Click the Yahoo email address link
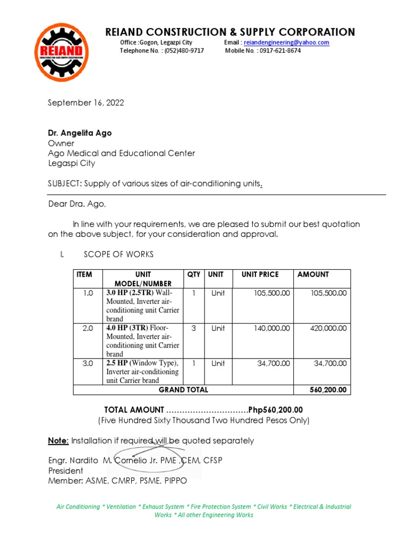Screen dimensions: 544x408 (286, 42)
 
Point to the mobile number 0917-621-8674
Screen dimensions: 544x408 (280, 50)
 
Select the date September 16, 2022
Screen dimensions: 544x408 (86, 103)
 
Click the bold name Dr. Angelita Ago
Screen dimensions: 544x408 (80, 133)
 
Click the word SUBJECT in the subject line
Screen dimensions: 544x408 (63, 184)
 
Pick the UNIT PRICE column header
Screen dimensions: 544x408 (260, 275)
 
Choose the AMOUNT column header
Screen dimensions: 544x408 (313, 275)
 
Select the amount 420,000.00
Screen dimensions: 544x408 (328, 328)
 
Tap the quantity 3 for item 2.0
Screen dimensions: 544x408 (193, 328)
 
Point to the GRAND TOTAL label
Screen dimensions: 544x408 (183, 390)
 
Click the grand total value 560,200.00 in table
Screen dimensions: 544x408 (328, 390)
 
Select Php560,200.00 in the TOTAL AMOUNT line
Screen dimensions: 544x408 (276, 410)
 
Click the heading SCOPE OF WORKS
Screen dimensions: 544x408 (119, 255)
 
